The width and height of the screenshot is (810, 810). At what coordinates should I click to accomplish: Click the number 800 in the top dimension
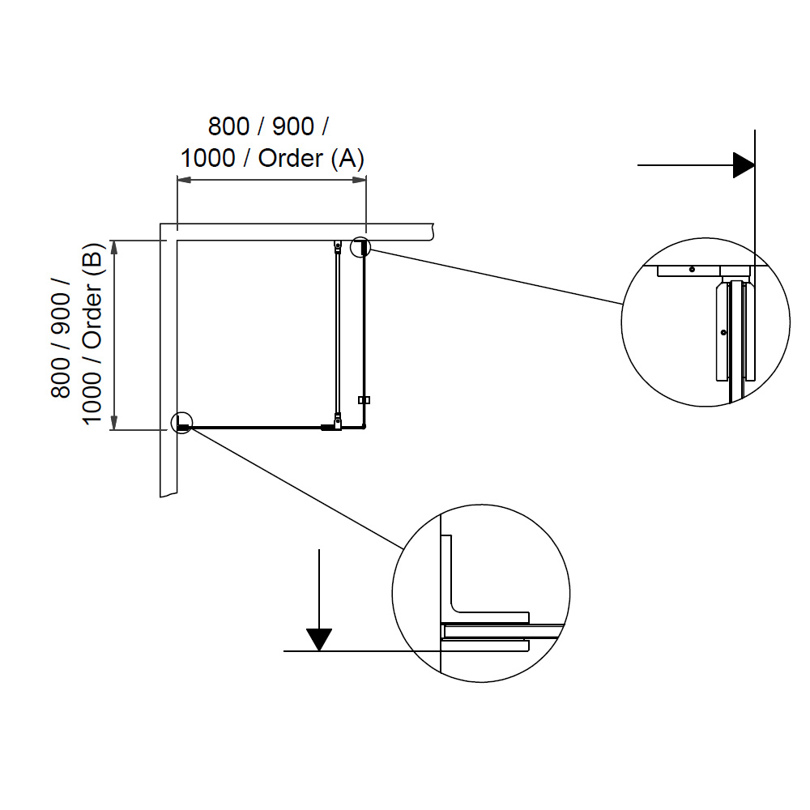coord(228,127)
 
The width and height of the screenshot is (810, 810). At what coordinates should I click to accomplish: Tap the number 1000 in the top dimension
coord(207,158)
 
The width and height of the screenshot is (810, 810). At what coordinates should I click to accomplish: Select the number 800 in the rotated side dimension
coord(62,377)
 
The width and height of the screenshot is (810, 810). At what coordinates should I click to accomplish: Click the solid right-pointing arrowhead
coord(744,165)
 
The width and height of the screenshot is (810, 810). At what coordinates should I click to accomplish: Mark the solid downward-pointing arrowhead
coord(321,639)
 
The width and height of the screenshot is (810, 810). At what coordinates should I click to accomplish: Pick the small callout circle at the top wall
coord(360,246)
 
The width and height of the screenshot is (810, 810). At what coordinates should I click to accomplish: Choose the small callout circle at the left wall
coord(183,424)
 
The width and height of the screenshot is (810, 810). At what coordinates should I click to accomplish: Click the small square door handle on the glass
coord(364,400)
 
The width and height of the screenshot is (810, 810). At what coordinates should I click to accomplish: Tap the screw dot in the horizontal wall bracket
coord(692,270)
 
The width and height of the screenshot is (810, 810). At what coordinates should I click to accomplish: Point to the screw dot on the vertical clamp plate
coord(722,332)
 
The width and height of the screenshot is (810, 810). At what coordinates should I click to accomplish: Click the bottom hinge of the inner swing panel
coord(337,420)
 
